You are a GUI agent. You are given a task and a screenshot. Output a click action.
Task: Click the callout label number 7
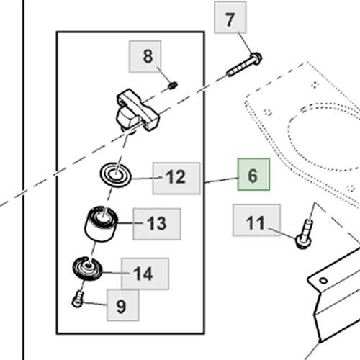[230, 17]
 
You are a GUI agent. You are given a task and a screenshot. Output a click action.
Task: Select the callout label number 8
[145, 57]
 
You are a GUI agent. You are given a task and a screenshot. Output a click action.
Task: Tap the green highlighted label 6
[253, 174]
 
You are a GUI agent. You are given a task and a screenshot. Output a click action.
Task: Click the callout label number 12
[176, 178]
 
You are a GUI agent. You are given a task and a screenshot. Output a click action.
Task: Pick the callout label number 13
[157, 224]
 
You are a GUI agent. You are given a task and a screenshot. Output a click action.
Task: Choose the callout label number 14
[145, 274]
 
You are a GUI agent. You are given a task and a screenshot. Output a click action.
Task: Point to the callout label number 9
[123, 305]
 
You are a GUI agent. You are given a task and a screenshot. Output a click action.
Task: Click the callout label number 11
[256, 220]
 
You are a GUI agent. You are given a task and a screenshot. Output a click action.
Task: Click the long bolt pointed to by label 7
[244, 64]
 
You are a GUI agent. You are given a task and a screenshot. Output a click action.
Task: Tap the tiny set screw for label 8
[174, 85]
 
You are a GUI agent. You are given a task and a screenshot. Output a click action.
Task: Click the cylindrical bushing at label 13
[101, 224]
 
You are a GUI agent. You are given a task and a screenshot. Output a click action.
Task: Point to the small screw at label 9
[78, 299]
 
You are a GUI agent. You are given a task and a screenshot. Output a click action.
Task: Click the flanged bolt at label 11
[305, 234]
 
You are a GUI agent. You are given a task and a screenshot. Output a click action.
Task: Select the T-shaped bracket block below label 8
[138, 110]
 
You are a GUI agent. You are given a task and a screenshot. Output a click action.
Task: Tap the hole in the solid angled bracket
[323, 280]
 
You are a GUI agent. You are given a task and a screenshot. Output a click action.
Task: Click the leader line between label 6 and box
[221, 180]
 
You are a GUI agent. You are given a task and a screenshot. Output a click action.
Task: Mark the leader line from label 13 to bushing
[130, 223]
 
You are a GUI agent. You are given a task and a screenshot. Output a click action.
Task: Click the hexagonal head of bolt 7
[256, 58]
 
